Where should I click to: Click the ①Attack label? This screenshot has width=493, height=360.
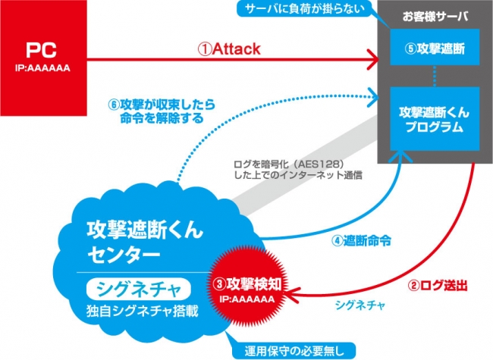click(229, 49)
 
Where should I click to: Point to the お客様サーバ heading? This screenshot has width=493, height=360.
click(432, 17)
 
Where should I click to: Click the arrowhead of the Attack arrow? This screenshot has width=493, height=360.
click(375, 58)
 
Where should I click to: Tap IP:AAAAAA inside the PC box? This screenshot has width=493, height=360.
click(44, 67)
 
